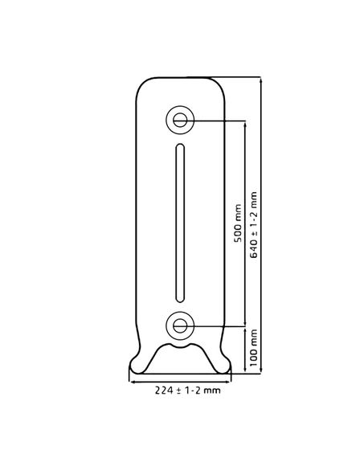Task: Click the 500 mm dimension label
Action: tap(238, 223)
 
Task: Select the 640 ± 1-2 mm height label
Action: tap(254, 225)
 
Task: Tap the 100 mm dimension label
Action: tap(253, 348)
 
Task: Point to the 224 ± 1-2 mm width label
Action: tap(188, 391)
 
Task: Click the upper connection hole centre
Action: tap(180, 120)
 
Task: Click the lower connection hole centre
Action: tap(180, 325)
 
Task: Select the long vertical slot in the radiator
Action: tap(180, 223)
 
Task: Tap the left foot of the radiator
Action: tap(137, 365)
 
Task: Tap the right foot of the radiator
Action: tap(223, 365)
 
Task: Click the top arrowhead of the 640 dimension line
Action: tap(260, 80)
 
